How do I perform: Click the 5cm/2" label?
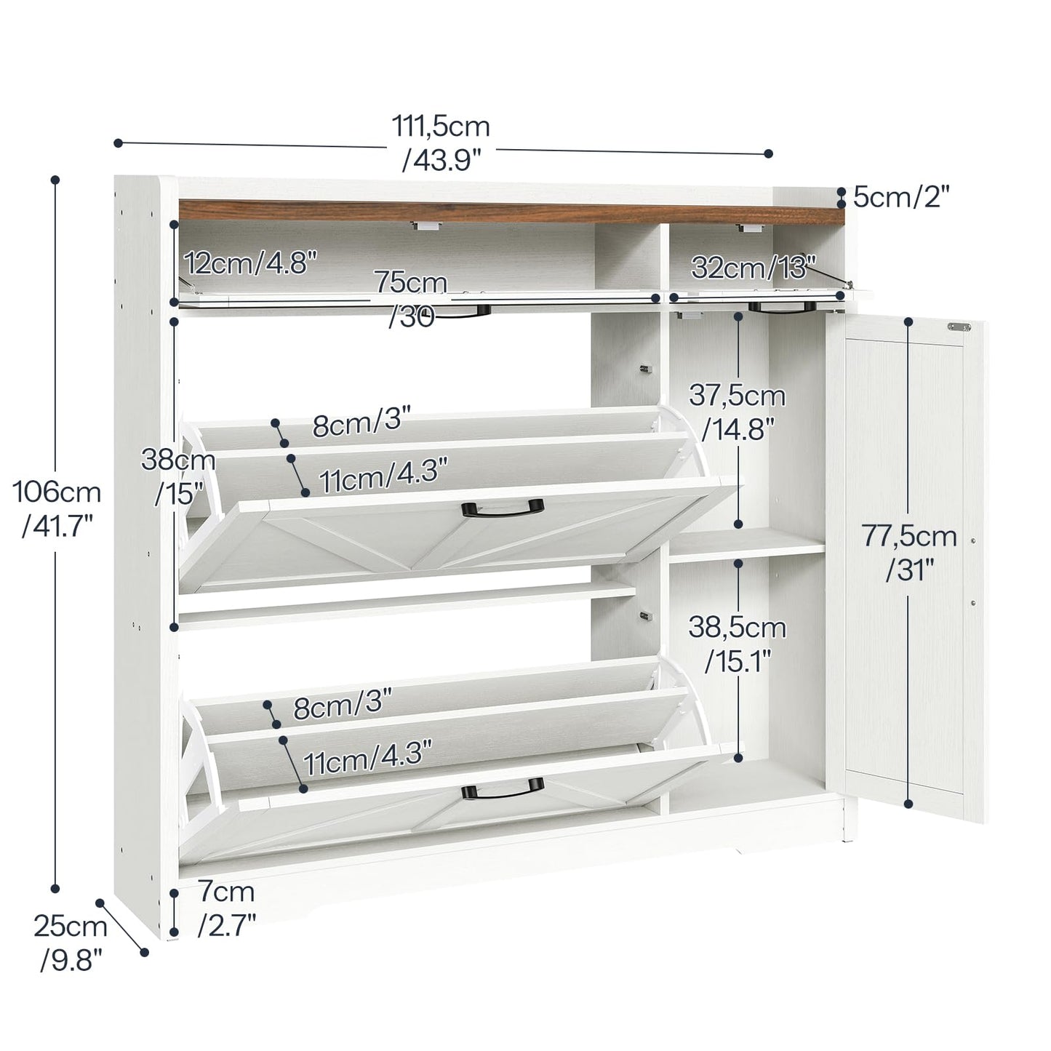(x=901, y=197)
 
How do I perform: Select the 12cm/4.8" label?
(x=250, y=263)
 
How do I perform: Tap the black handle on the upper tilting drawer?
(x=503, y=508)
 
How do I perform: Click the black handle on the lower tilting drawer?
(x=503, y=788)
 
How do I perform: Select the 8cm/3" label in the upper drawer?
(x=361, y=423)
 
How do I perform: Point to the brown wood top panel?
(x=509, y=212)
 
